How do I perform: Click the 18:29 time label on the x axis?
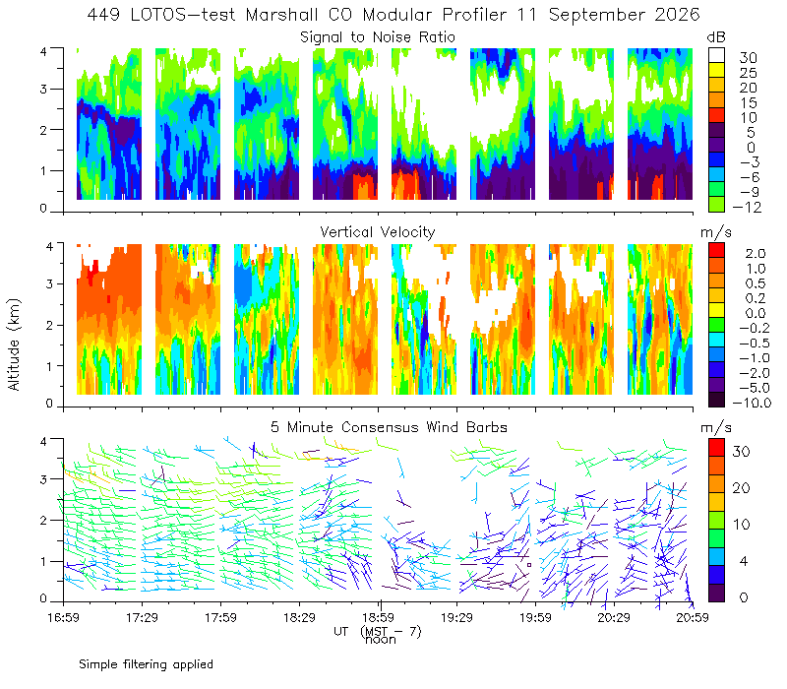coord(299,617)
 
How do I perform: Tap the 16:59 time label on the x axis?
coord(63,617)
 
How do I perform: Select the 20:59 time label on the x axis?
coord(693,617)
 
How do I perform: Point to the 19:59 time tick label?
coord(535,617)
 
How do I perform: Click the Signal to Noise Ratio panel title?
coord(378,37)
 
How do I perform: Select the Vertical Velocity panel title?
coord(378,232)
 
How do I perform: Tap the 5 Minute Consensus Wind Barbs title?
coord(389,427)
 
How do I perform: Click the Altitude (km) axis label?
coord(14,344)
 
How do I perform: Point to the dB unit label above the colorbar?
coord(716,37)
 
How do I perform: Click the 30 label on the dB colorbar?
coord(748,58)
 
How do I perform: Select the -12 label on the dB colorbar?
coord(747,207)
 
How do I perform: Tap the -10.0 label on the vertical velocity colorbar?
coord(752,403)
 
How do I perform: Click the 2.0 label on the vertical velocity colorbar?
coord(756,254)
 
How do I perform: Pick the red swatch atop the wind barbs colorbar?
coord(716,448)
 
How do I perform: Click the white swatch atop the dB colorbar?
coord(716,55)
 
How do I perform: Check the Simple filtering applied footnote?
coord(146,664)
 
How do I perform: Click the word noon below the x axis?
coord(381,640)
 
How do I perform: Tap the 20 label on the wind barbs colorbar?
coord(742,487)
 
